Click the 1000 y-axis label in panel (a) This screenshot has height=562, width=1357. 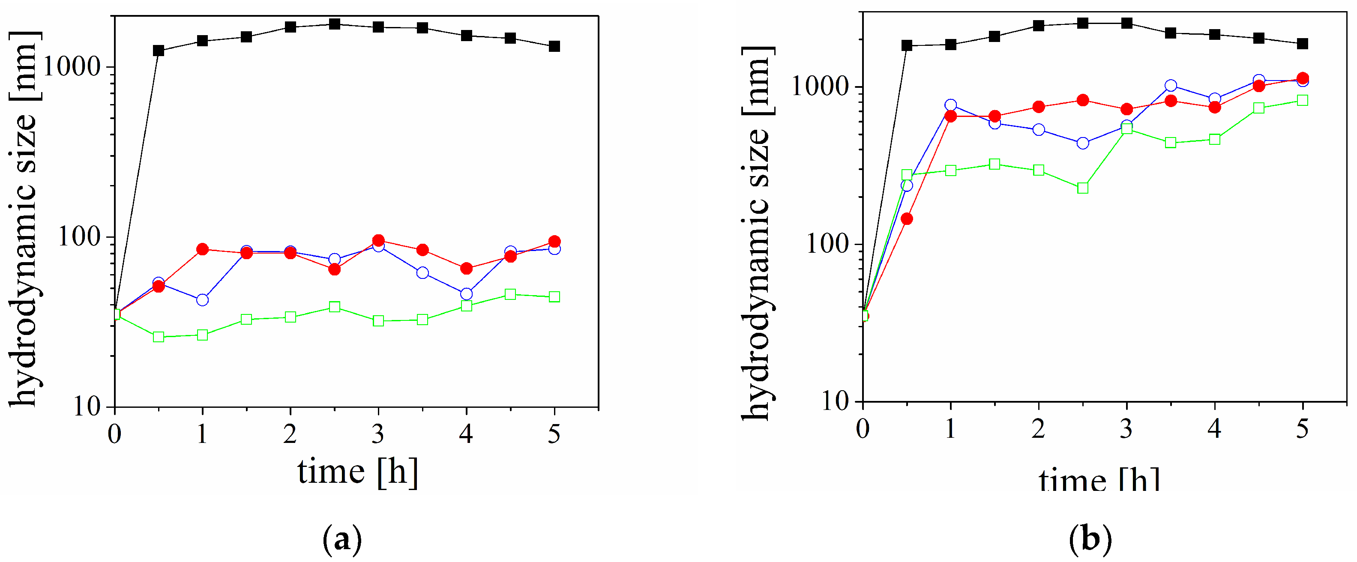[71, 66]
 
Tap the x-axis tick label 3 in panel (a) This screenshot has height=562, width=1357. [377, 434]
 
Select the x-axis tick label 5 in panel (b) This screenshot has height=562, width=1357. [1302, 429]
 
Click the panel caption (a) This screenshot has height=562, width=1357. [342, 539]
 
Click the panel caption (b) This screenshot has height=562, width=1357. [1090, 539]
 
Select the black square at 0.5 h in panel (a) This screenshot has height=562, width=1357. [159, 51]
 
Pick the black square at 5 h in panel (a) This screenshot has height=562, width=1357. [554, 46]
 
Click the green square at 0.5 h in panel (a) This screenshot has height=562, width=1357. [159, 337]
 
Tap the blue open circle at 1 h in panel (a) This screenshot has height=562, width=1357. [202, 300]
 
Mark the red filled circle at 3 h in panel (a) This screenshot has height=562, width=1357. [378, 240]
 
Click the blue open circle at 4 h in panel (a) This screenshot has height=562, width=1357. [466, 293]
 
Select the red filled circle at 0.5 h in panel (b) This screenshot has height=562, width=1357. [907, 218]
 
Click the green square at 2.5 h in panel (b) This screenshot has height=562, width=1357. [1082, 188]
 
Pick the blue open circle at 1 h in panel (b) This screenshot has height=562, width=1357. [951, 105]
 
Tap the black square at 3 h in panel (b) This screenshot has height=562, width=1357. [1127, 23]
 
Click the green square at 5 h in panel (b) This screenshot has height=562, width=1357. [1303, 100]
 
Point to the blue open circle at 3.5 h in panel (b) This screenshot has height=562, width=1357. [1171, 85]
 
